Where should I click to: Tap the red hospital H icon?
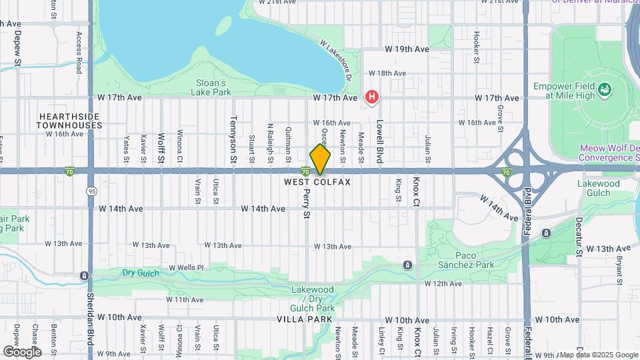372,97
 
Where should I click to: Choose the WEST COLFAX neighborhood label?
317,181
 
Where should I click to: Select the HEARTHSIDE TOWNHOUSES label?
68,121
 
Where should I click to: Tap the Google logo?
22,351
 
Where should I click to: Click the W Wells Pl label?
185,267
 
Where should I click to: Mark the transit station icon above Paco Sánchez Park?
407,266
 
